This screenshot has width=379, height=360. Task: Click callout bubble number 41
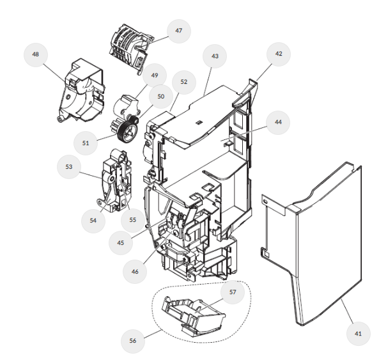pyautogui.click(x=358, y=333)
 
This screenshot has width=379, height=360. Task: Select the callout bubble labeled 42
pyautogui.click(x=279, y=54)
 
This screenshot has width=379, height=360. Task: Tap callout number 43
pyautogui.click(x=215, y=56)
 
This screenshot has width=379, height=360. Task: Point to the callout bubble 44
pyautogui.click(x=278, y=122)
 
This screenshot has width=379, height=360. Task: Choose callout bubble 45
pyautogui.click(x=121, y=243)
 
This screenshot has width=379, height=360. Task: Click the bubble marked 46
pyautogui.click(x=135, y=272)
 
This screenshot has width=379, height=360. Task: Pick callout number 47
pyautogui.click(x=178, y=31)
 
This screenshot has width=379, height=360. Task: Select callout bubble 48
pyautogui.click(x=36, y=54)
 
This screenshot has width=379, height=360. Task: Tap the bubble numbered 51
pyautogui.click(x=86, y=143)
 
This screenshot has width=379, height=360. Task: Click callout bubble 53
pyautogui.click(x=69, y=167)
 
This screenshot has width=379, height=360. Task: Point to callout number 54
pyautogui.click(x=93, y=221)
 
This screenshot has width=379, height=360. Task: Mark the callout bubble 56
pyautogui.click(x=133, y=341)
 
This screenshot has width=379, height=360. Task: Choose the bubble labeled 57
pyautogui.click(x=233, y=292)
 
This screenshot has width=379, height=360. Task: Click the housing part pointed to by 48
pyautogui.click(x=81, y=91)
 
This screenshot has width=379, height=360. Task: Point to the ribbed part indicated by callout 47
pyautogui.click(x=130, y=49)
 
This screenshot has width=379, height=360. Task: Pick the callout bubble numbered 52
pyautogui.click(x=184, y=82)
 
